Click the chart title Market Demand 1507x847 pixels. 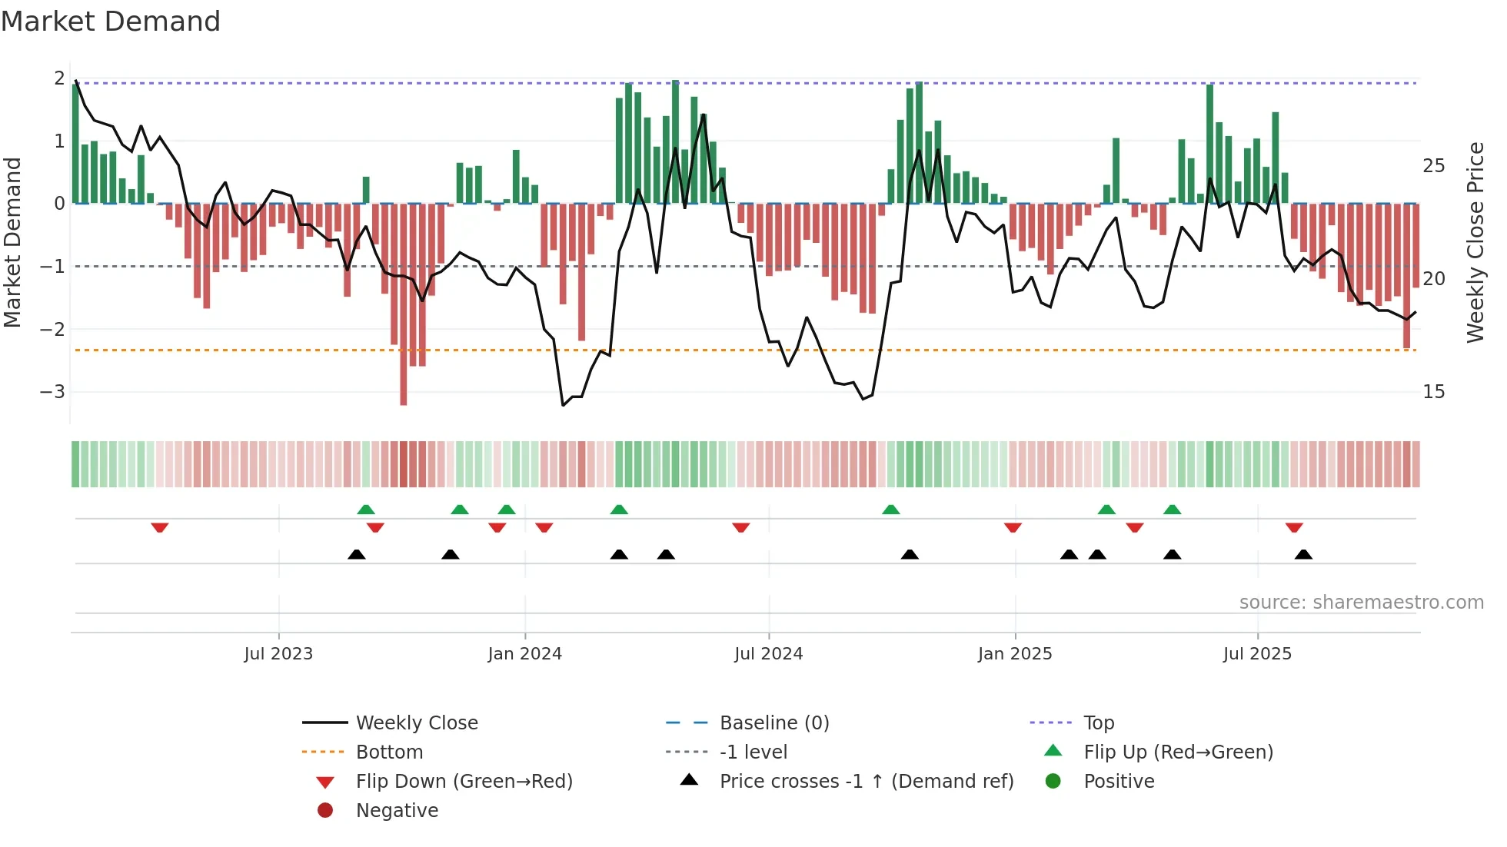tap(111, 22)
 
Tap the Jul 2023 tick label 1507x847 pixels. tap(278, 654)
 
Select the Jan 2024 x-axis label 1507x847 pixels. tap(524, 654)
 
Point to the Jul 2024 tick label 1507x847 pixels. tap(768, 654)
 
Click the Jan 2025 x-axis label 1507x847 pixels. tap(1015, 654)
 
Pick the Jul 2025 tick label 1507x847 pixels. tap(1257, 654)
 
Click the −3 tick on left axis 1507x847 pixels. tap(52, 392)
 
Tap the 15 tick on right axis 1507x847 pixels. tap(1433, 392)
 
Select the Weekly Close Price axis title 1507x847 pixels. tap(1475, 242)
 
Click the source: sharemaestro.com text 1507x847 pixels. tap(1361, 603)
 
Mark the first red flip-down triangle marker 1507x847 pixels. tap(160, 527)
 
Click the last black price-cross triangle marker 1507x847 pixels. tap(1303, 554)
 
